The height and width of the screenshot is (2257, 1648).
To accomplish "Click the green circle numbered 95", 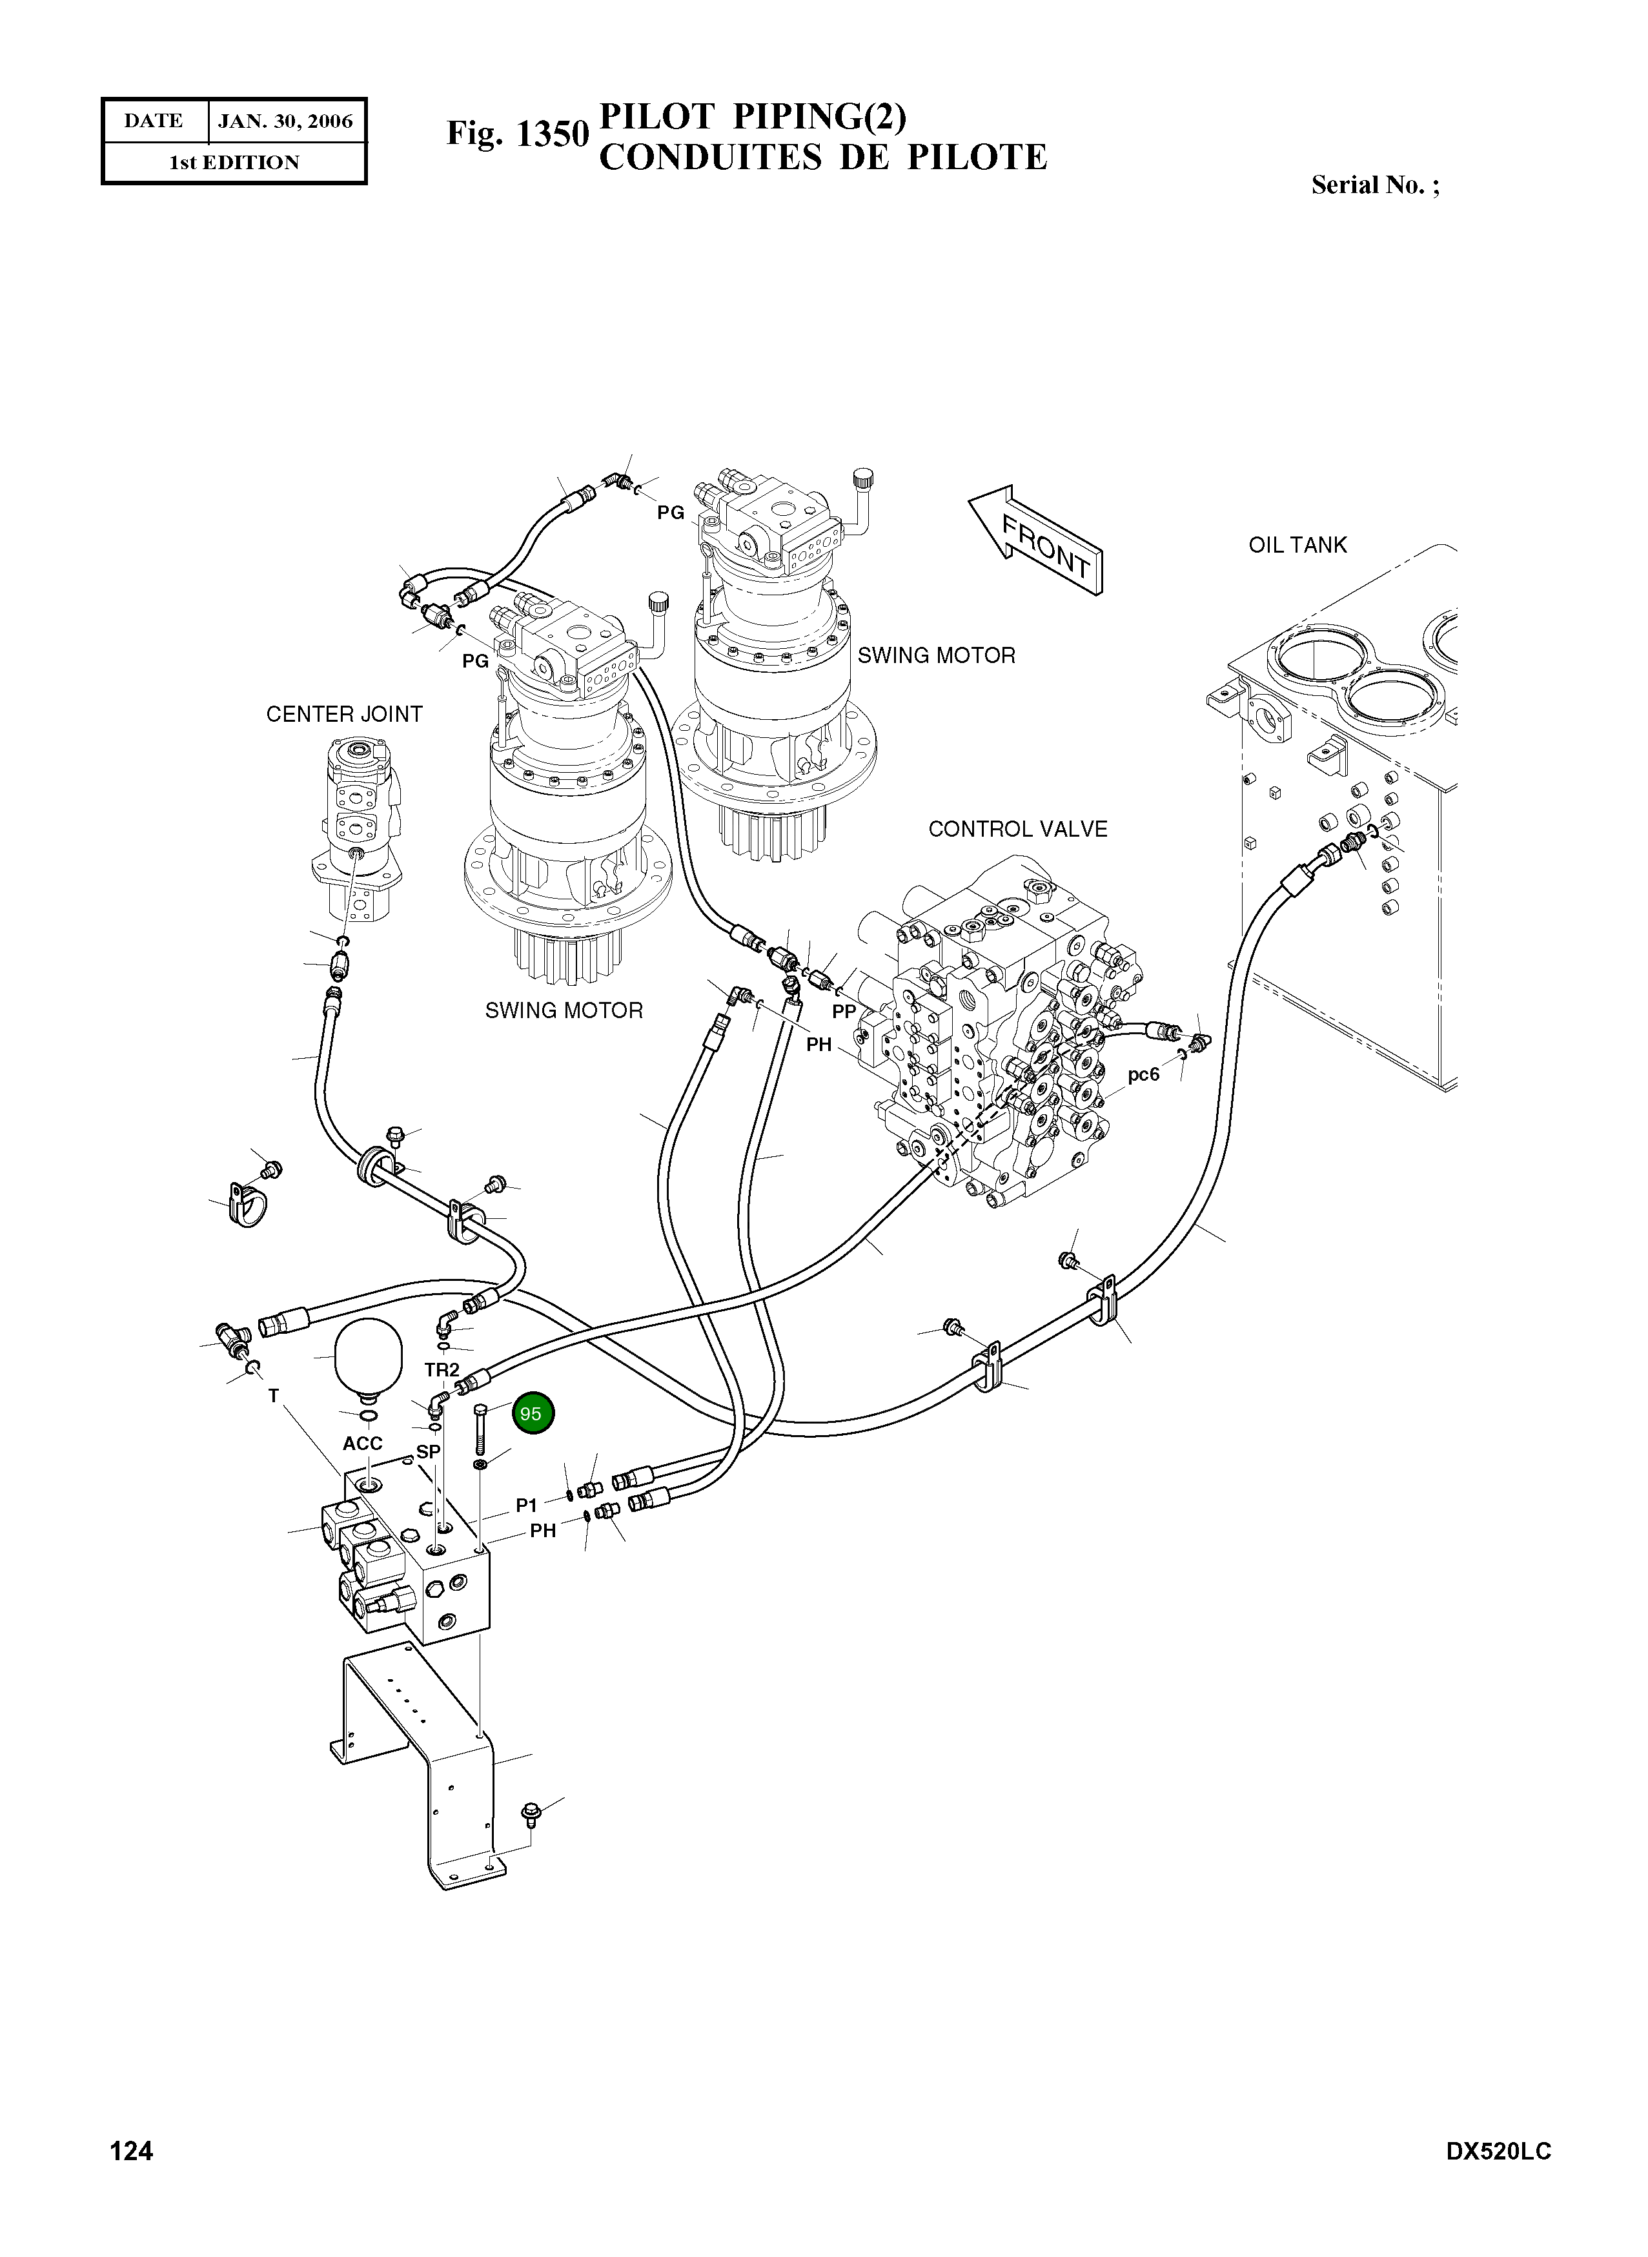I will (533, 1414).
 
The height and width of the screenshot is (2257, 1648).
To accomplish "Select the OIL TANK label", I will (1297, 545).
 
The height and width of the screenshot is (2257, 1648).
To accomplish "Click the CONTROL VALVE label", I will (1017, 829).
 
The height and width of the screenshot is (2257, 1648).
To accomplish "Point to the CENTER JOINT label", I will (344, 715).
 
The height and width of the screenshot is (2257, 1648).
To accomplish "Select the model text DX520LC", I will (1498, 2179).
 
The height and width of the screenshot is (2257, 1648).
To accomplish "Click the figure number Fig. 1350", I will (517, 134).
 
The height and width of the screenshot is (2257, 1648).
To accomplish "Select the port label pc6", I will (1143, 1075).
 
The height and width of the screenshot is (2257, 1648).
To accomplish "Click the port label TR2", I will (442, 1370).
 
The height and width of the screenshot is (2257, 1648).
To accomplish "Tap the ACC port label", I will (362, 1443).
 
